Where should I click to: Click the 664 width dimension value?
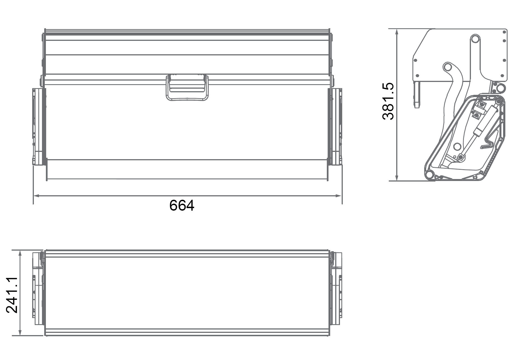click(182, 206)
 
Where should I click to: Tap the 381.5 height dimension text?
click(389, 101)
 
